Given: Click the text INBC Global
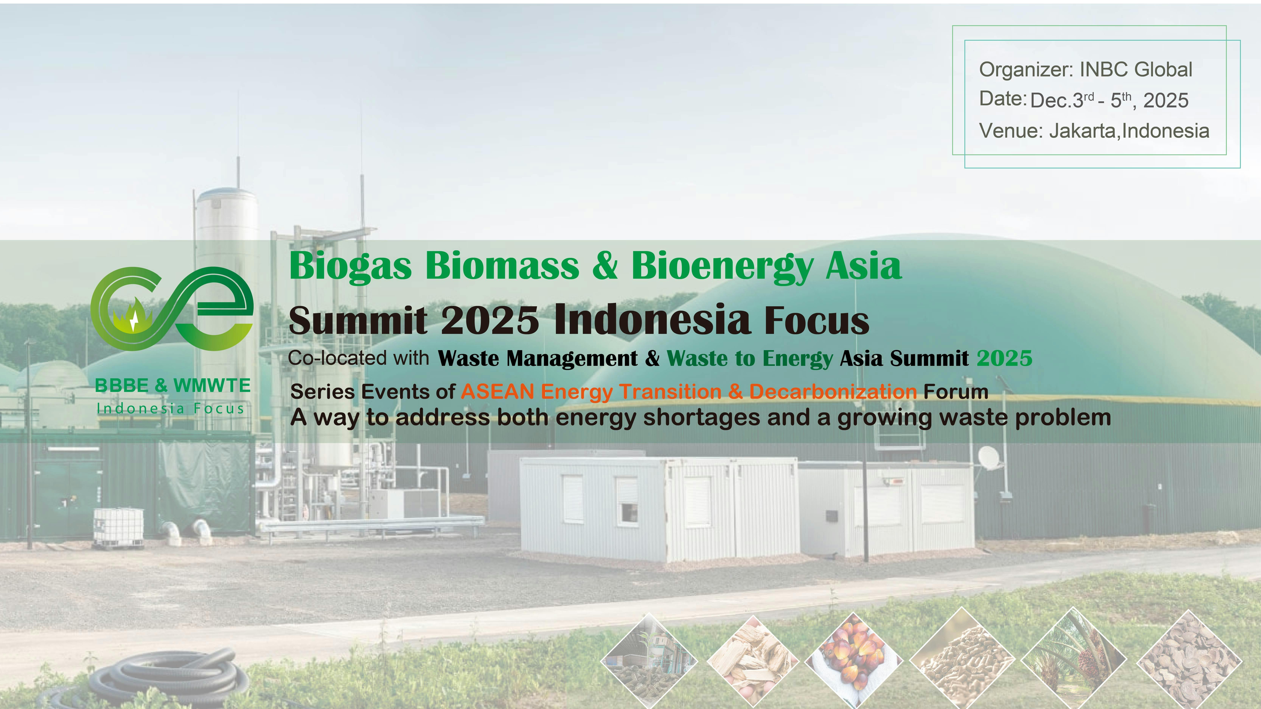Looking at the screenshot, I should click(1136, 70).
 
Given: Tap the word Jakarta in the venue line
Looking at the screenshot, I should click(1083, 131).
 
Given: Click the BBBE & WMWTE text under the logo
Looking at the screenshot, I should click(172, 386).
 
